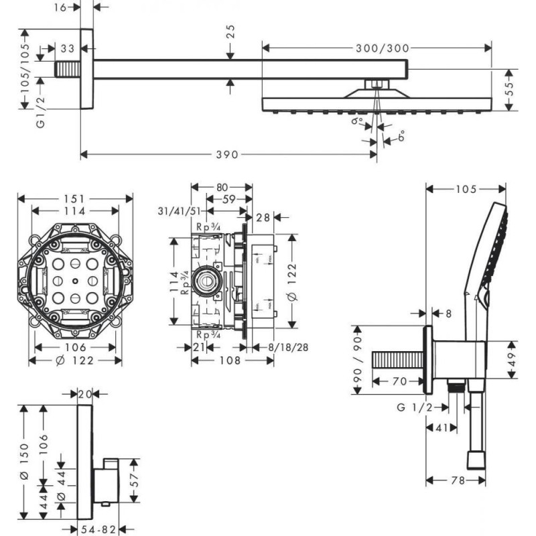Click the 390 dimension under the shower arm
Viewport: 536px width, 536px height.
228,155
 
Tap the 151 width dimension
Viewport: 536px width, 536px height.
74,198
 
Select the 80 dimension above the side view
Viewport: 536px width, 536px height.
221,187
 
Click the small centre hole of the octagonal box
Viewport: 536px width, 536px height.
74,281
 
